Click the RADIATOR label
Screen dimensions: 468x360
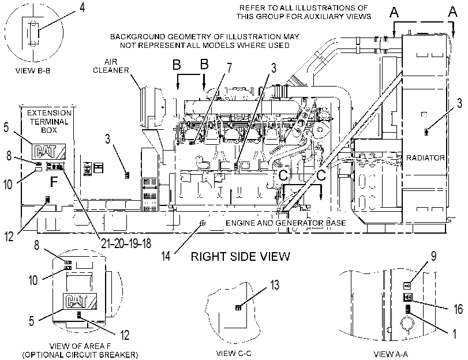425,157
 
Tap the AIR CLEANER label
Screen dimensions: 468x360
111,66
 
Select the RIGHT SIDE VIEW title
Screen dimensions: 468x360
240,256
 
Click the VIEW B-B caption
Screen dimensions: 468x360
32,71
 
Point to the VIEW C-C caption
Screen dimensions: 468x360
234,354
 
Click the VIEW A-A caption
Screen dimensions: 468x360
391,354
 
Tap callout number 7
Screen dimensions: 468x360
229,67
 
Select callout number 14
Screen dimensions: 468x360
166,256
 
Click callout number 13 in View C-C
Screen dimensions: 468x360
275,285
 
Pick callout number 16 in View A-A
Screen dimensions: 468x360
458,309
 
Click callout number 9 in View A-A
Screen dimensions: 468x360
433,256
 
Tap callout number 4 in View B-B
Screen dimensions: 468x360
82,7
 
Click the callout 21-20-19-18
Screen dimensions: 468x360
126,243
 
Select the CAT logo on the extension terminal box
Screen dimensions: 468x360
48,151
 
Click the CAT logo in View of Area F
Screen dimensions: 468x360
80,301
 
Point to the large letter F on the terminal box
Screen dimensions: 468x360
54,182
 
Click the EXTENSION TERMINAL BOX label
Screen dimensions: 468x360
49,122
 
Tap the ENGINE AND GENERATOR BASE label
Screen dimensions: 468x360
286,223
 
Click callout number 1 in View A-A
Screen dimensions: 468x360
455,333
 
